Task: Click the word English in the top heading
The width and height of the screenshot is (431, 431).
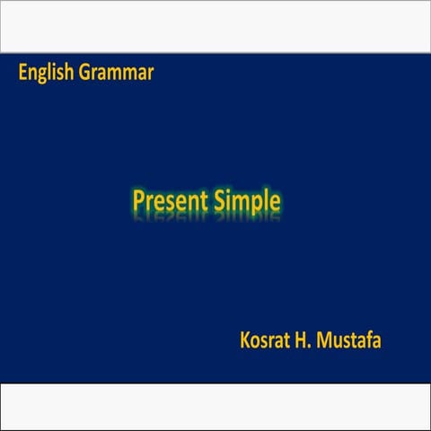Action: pyautogui.click(x=47, y=73)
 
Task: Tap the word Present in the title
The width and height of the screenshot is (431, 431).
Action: pyautogui.click(x=170, y=200)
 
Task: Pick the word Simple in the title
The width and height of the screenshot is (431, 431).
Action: pyautogui.click(x=246, y=200)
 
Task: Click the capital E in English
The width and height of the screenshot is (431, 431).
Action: pyautogui.click(x=22, y=73)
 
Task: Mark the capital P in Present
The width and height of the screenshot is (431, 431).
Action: pyautogui.click(x=139, y=199)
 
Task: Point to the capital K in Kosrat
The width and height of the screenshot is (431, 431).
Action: pyautogui.click(x=245, y=340)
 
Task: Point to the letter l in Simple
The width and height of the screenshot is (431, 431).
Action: pyautogui.click(x=266, y=199)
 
